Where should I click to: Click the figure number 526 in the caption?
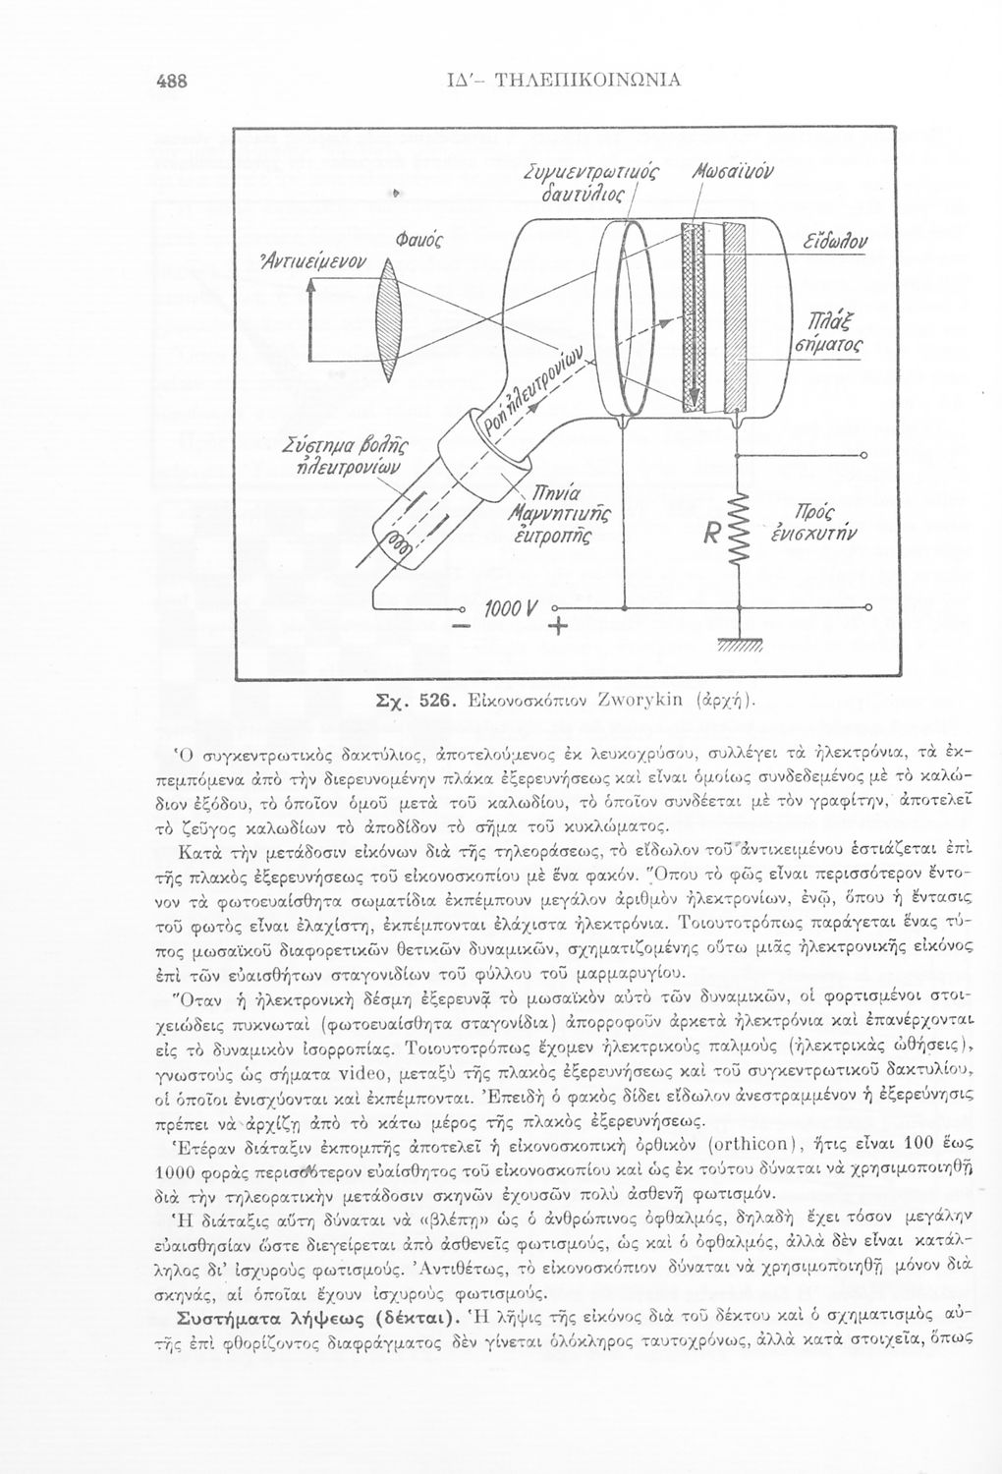pyautogui.click(x=433, y=701)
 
